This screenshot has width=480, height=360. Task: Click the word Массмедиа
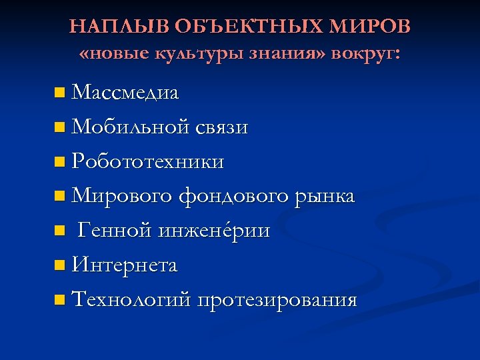125,93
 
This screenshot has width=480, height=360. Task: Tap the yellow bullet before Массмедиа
61,93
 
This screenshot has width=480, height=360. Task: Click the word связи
222,127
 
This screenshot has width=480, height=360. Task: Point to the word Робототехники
147,161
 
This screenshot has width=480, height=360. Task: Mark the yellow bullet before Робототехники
61,161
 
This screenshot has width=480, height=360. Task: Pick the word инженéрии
214,231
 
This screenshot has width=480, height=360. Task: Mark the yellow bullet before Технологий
61,300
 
